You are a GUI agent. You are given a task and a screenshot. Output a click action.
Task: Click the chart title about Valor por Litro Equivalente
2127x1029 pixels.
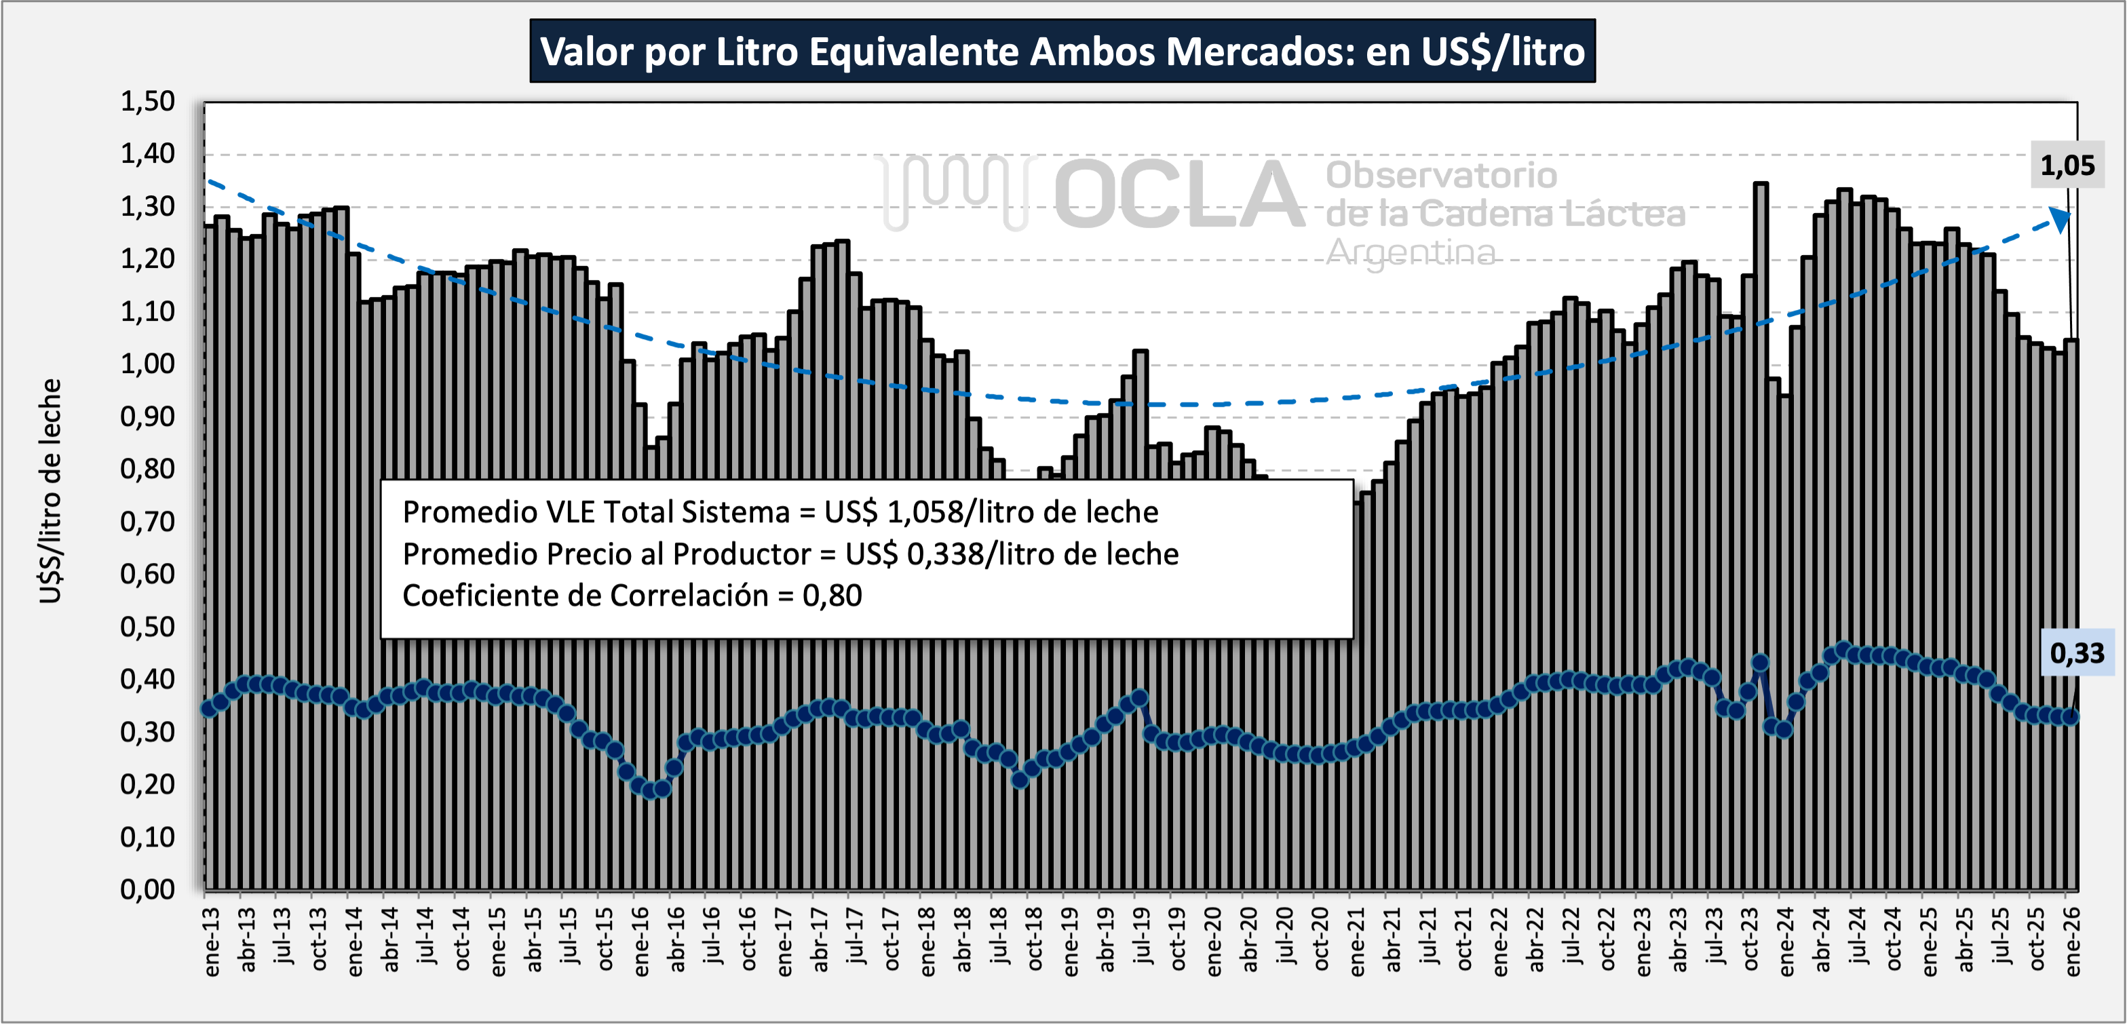[x=1062, y=51]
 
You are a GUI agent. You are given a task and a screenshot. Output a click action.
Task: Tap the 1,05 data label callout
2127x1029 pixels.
[x=2067, y=166]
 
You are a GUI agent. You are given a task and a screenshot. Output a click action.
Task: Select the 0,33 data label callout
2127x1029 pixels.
[x=2077, y=653]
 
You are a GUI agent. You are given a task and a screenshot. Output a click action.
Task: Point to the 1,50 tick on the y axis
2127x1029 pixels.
[x=148, y=102]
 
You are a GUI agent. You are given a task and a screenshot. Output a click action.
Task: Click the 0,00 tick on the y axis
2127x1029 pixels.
[x=148, y=889]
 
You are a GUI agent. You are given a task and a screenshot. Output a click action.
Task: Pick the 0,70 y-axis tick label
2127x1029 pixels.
[x=148, y=522]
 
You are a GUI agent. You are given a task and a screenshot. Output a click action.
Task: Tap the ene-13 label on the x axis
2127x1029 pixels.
[x=212, y=942]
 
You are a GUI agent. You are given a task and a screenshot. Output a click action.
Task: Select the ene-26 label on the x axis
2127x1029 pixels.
[x=2073, y=942]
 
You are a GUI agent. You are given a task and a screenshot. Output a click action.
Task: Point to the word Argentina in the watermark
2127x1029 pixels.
[x=1411, y=252]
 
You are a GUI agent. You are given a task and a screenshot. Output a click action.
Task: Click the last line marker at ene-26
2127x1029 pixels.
[x=2070, y=717]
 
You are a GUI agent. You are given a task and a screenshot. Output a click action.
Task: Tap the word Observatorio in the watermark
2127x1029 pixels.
[x=1442, y=175]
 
